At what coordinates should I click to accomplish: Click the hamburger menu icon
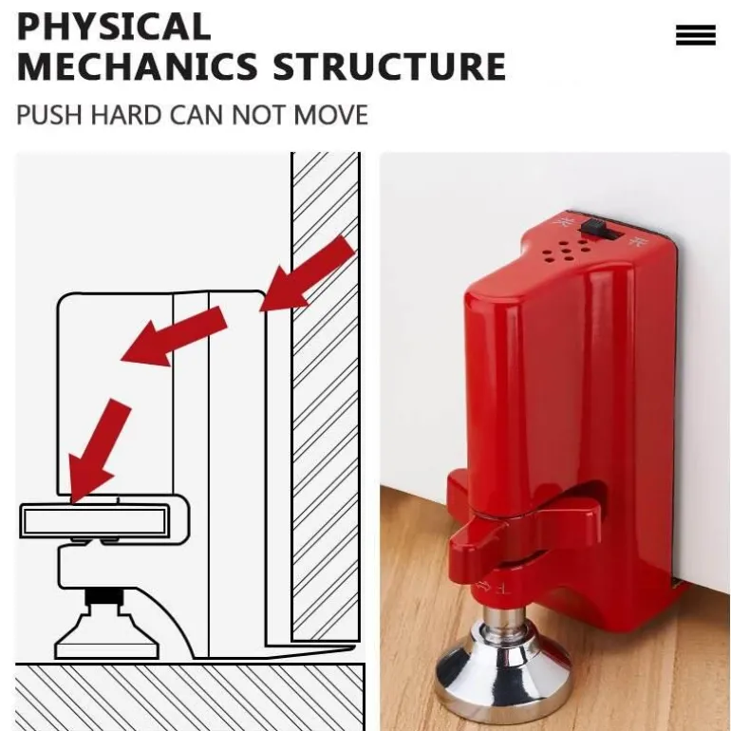[696, 35]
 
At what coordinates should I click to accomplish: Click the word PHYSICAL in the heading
[114, 27]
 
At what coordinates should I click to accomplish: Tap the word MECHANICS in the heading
[137, 66]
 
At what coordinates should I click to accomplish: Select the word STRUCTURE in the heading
[389, 66]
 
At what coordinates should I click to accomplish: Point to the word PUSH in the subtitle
[49, 115]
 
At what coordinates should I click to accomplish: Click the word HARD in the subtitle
[126, 115]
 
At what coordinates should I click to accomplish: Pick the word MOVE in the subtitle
[331, 115]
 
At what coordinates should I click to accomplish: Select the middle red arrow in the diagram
[174, 337]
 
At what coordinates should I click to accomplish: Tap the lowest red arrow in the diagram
[98, 451]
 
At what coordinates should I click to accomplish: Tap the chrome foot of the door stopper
[502, 666]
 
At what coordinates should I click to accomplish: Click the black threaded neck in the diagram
[105, 596]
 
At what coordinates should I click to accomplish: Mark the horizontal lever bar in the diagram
[103, 520]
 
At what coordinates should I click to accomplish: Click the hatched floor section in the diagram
[190, 697]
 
